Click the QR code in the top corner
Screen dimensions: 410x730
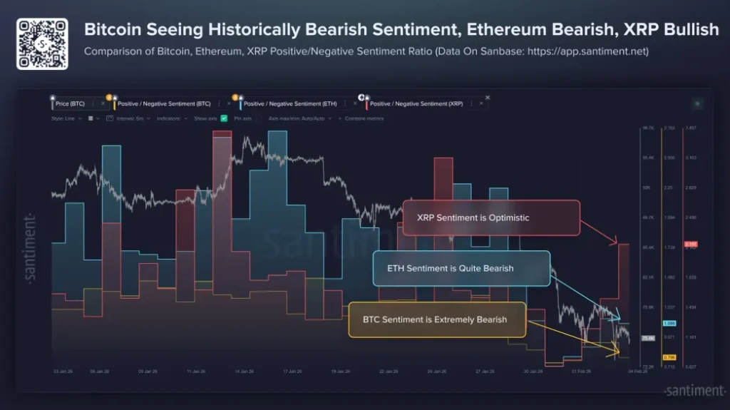tap(42, 44)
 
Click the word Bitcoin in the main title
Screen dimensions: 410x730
tap(115, 30)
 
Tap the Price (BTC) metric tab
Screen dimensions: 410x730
tap(71, 103)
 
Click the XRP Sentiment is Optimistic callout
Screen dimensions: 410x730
tap(490, 217)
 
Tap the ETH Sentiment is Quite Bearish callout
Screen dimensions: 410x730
tap(461, 268)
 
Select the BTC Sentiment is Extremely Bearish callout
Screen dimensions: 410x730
tap(437, 319)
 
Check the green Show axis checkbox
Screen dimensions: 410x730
tap(224, 118)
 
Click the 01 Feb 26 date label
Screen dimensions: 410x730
tap(584, 371)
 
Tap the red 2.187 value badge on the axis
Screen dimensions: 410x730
tap(690, 245)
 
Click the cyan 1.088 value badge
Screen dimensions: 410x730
tap(669, 323)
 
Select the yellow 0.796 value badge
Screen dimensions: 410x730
tap(669, 357)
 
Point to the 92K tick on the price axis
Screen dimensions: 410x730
tap(647, 188)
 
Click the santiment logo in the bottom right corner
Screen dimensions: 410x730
tap(694, 391)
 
